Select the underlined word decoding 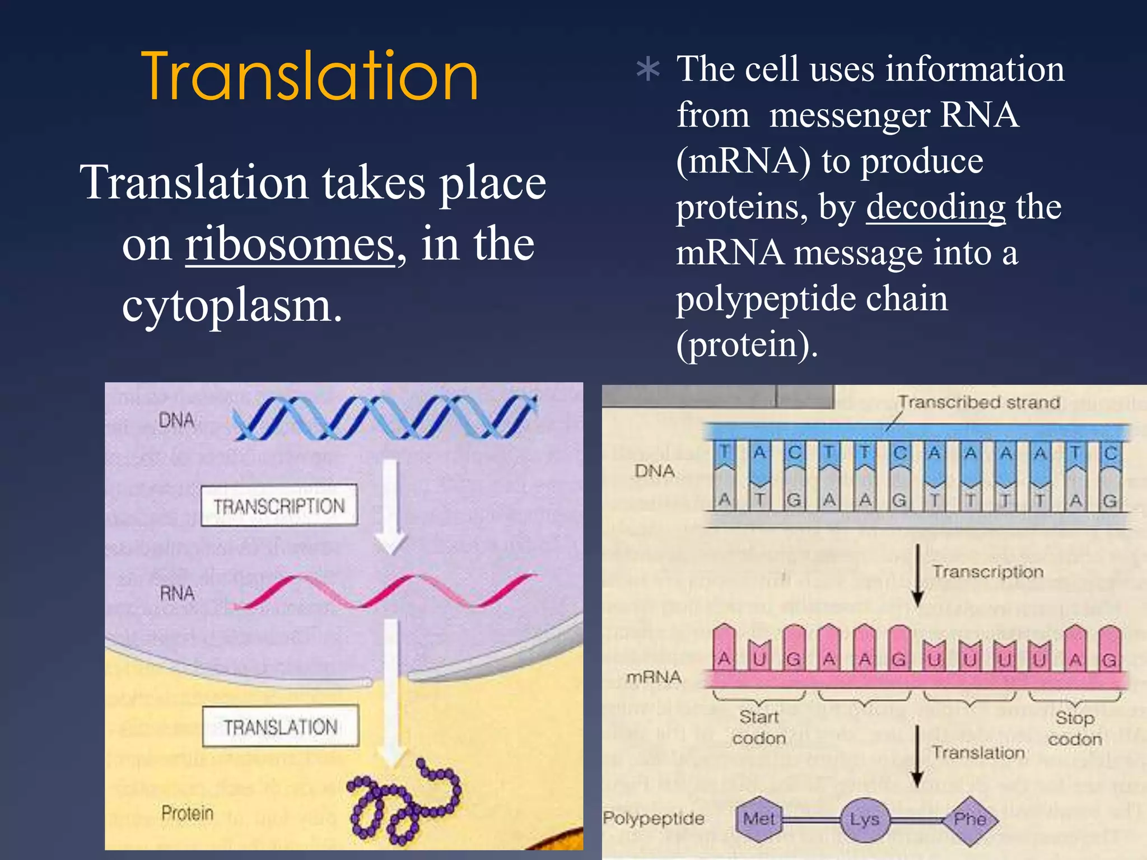point(935,207)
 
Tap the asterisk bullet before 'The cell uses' point(648,71)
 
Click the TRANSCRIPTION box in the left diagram point(279,506)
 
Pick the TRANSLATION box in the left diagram point(280,727)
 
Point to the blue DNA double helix point(385,417)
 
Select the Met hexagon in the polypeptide point(759,819)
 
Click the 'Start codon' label point(759,727)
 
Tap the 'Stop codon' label point(1075,728)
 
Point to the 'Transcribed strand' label point(979,403)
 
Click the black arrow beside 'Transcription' point(917,576)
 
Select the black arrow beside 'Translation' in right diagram point(917,756)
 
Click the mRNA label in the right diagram point(654,677)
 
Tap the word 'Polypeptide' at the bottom point(654,819)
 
